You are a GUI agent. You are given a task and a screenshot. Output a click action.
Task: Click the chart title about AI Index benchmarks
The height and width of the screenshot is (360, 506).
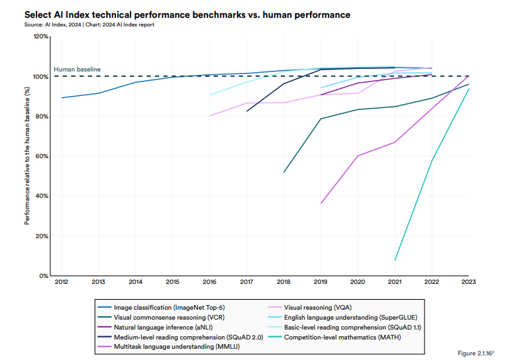click(x=187, y=14)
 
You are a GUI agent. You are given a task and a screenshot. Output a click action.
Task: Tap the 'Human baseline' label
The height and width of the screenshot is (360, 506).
click(x=77, y=69)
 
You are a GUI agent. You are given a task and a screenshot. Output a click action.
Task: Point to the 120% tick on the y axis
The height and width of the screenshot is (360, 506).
click(x=41, y=36)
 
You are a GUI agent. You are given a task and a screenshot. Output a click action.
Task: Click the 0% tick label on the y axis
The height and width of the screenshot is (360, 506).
click(x=44, y=275)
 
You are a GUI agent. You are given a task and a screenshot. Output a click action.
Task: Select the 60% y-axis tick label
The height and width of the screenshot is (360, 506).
click(x=42, y=156)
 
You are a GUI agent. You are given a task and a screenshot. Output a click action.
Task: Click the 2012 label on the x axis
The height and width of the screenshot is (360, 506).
click(x=62, y=283)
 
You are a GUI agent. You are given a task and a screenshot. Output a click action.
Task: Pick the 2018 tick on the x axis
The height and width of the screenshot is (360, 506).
click(x=284, y=283)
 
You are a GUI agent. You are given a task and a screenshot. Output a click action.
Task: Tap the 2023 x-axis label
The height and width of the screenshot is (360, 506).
click(x=469, y=283)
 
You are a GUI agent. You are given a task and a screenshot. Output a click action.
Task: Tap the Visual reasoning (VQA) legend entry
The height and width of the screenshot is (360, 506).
click(x=317, y=307)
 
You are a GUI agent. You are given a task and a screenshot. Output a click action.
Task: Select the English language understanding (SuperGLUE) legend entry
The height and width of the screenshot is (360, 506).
click(x=350, y=317)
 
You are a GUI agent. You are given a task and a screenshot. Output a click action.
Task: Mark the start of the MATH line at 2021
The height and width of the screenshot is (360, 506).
click(x=395, y=260)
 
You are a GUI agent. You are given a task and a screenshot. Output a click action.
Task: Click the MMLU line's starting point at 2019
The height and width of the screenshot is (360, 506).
click(x=321, y=203)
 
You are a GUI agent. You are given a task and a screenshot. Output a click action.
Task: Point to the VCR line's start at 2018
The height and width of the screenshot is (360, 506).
click(x=284, y=172)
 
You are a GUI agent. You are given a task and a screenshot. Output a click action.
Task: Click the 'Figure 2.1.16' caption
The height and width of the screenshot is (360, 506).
click(x=476, y=353)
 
